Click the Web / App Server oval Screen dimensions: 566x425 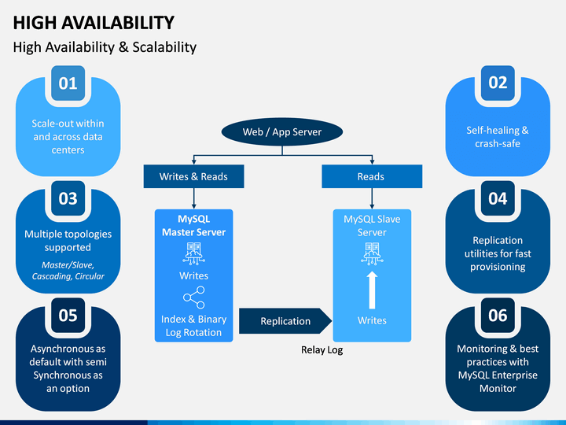(282, 131)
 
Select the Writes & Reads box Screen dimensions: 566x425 (194, 176)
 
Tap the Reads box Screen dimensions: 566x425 (372, 176)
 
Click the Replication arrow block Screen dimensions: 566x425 (285, 321)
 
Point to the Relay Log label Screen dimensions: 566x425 (322, 349)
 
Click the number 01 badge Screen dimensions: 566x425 (68, 83)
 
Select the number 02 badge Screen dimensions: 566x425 (498, 83)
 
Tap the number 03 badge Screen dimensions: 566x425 (68, 198)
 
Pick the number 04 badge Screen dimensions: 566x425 (498, 198)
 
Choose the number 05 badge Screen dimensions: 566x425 (68, 315)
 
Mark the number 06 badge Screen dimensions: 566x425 (498, 315)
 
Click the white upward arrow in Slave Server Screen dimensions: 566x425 (372, 290)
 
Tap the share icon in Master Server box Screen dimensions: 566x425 (194, 297)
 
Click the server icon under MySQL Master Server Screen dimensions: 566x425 (194, 253)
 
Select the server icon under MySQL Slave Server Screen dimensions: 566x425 (372, 253)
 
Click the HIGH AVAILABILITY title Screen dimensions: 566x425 (94, 23)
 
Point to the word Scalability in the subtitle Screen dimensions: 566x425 (164, 47)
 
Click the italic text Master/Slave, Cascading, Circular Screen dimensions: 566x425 (68, 270)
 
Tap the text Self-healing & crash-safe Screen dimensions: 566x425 (498, 137)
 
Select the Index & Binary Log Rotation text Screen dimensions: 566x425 (194, 326)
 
